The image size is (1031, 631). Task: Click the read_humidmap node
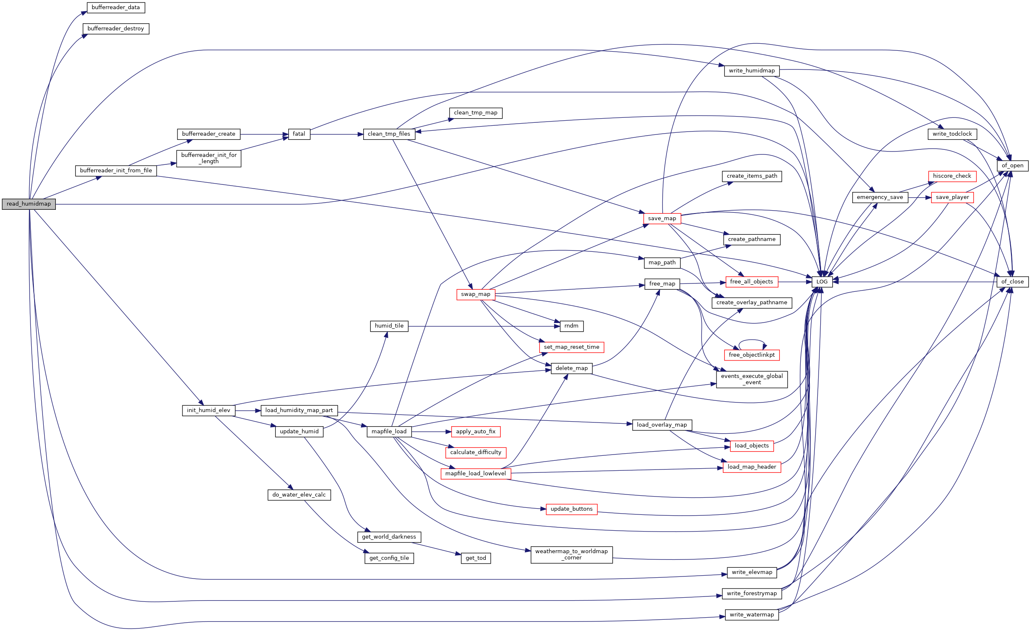tap(28, 204)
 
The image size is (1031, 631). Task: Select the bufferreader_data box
tap(115, 7)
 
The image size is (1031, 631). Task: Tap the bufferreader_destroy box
tap(115, 29)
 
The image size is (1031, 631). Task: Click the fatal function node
tap(299, 134)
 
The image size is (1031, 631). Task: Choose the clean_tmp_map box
tap(475, 113)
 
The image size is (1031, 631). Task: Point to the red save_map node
tap(662, 219)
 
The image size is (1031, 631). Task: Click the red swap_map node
tap(475, 294)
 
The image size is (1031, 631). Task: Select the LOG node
tap(822, 282)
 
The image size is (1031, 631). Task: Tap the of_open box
tap(1012, 166)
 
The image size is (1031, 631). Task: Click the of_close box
tap(1012, 282)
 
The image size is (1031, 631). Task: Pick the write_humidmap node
tap(751, 71)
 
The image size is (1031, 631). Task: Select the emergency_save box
tap(879, 197)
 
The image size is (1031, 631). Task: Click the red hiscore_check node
tap(951, 176)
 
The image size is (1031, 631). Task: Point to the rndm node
tap(571, 326)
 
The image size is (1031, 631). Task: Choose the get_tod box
tap(475, 558)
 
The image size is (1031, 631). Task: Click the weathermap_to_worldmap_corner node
tap(571, 555)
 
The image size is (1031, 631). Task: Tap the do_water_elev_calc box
tap(299, 495)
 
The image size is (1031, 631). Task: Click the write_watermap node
tap(751, 615)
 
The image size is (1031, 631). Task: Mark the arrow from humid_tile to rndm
tap(481, 326)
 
